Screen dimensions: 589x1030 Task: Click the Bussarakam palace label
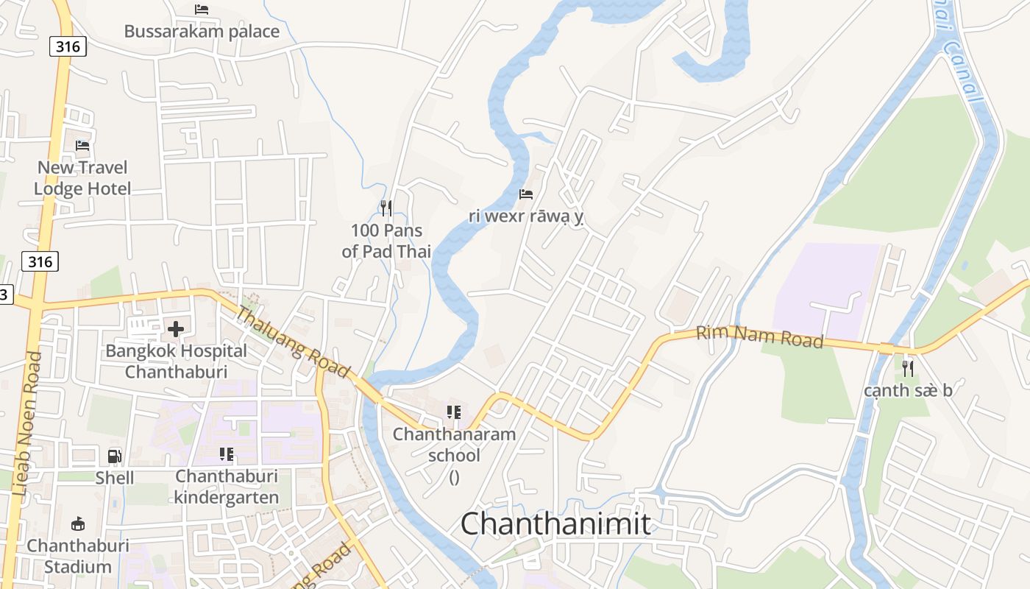[x=202, y=32]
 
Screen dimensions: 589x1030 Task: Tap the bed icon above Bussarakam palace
[x=202, y=10]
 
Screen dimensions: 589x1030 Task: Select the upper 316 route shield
[x=68, y=47]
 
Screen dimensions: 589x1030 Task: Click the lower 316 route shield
[x=40, y=261]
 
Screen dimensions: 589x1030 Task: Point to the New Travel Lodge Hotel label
[x=82, y=178]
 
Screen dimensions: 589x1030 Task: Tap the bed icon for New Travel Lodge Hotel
[x=82, y=146]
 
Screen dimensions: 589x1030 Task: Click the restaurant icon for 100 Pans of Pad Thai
[x=386, y=208]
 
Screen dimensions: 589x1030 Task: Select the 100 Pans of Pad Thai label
[x=386, y=241]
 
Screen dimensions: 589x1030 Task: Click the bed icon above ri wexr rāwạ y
[x=526, y=194]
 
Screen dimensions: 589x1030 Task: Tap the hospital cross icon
[x=176, y=329]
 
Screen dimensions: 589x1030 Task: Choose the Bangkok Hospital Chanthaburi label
[x=176, y=361]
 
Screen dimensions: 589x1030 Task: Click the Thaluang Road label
[x=292, y=342]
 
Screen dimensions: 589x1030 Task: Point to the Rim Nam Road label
[x=759, y=337]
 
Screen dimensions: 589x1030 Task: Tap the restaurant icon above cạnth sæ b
[x=908, y=368]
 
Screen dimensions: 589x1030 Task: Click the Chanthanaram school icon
[x=454, y=412]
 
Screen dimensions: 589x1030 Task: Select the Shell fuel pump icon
[x=115, y=456]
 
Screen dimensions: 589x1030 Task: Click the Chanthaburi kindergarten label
[x=227, y=487]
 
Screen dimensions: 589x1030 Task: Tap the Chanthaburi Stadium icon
[x=77, y=523]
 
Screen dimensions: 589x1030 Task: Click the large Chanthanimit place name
[x=555, y=524]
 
